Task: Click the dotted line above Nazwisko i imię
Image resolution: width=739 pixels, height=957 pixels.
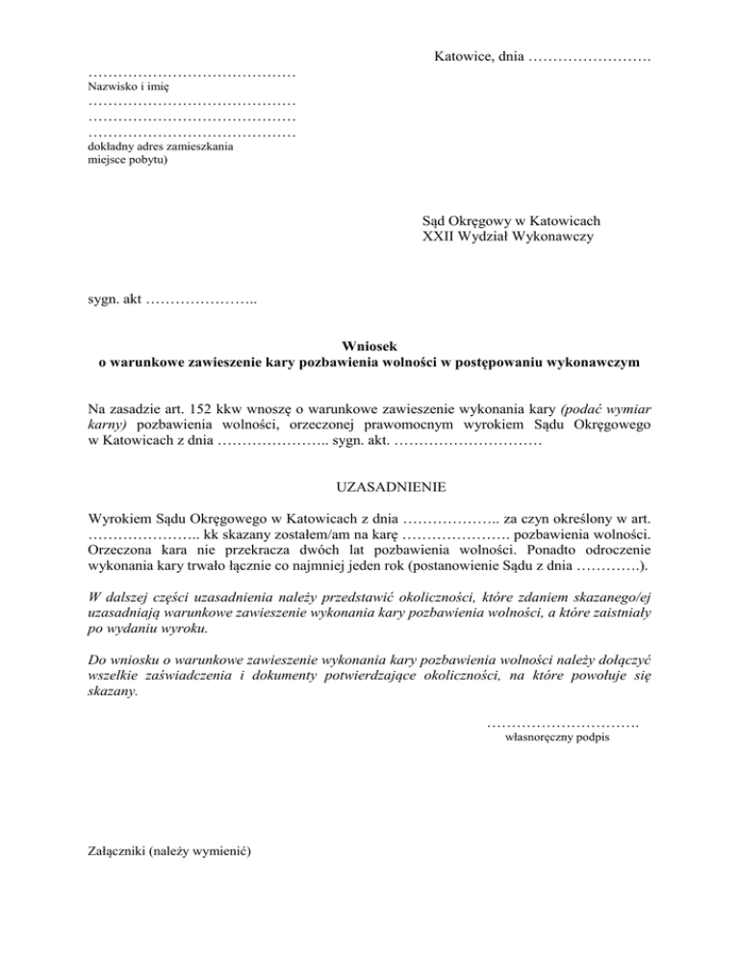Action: [x=191, y=74]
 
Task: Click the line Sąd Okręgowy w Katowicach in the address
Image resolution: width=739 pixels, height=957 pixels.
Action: [x=512, y=220]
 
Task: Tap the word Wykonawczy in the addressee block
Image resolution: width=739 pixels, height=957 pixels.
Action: [x=558, y=236]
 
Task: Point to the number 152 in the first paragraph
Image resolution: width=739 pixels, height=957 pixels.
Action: [x=214, y=407]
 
